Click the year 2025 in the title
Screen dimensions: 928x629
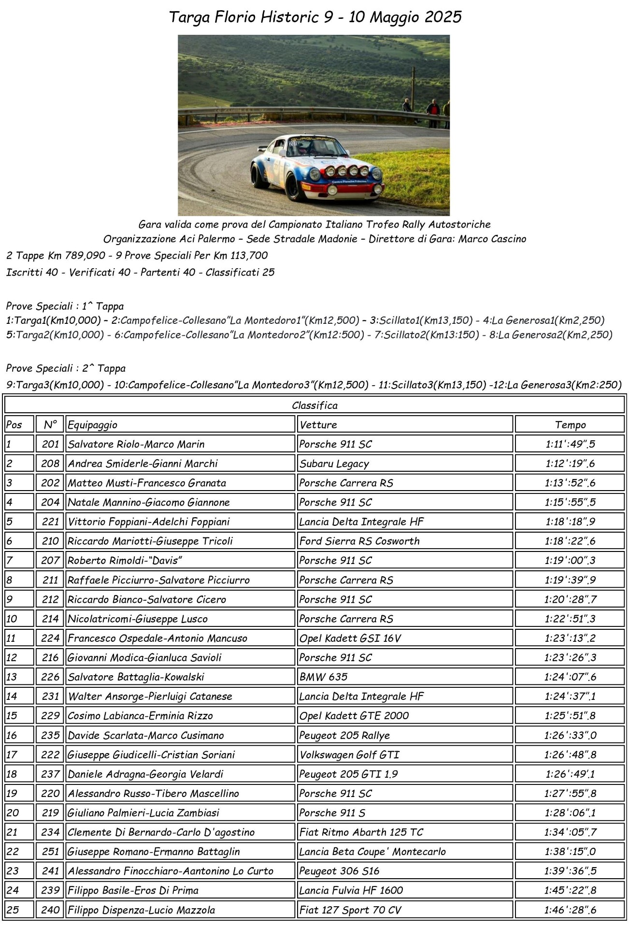(x=443, y=17)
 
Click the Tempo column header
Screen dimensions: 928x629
(x=570, y=425)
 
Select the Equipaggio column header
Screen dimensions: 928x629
(x=92, y=425)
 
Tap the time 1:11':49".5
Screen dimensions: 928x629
(x=570, y=444)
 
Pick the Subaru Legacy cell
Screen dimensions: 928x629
(x=334, y=464)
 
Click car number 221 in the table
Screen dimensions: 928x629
(x=50, y=522)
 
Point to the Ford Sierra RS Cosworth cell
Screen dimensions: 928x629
(x=359, y=541)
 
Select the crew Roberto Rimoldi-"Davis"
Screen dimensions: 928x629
(x=125, y=561)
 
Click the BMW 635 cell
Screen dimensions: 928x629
(x=323, y=677)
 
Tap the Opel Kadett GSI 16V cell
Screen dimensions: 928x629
(x=350, y=638)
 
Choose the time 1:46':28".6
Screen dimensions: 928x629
(x=570, y=910)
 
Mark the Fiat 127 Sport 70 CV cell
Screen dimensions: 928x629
(x=350, y=910)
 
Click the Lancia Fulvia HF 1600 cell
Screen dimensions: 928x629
(x=351, y=890)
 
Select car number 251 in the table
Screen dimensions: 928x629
(x=50, y=852)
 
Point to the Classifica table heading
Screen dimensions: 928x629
(x=314, y=406)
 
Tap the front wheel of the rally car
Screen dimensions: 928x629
(x=294, y=185)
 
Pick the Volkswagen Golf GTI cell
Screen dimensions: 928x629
(x=349, y=754)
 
